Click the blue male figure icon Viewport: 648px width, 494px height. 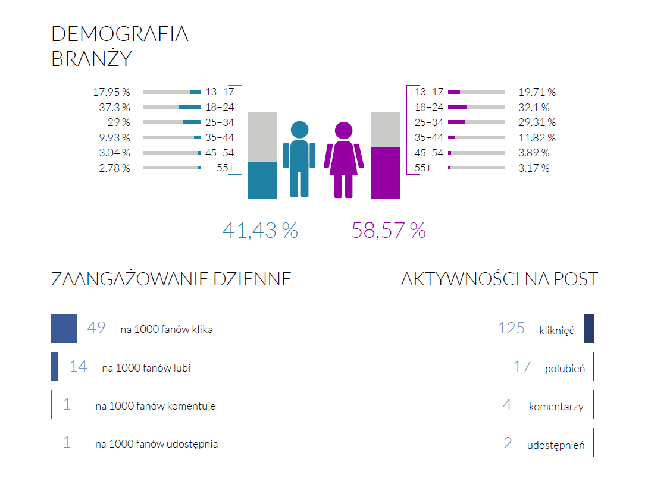click(299, 159)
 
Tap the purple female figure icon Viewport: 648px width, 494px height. click(343, 160)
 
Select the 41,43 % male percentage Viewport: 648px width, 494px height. click(260, 230)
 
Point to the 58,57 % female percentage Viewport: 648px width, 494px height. click(389, 230)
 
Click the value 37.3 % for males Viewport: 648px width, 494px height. click(114, 107)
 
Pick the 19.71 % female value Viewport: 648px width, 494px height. click(537, 92)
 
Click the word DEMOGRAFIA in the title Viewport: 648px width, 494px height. click(120, 34)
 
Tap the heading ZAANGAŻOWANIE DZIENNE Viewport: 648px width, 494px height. click(171, 279)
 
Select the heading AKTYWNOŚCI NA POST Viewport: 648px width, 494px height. click(499, 279)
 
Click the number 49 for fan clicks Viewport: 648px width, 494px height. click(96, 328)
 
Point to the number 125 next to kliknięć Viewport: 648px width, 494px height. click(511, 328)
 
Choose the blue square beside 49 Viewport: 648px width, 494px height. click(64, 328)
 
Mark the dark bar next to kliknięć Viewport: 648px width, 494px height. click(589, 328)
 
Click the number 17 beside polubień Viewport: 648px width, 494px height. click(522, 367)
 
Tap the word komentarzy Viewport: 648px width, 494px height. click(556, 407)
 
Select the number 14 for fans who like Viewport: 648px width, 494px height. click(78, 366)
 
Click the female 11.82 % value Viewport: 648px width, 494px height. click(537, 138)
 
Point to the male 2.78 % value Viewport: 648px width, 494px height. click(114, 168)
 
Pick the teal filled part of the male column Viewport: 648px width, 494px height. click(262, 180)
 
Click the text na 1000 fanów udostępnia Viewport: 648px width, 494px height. click(156, 444)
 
